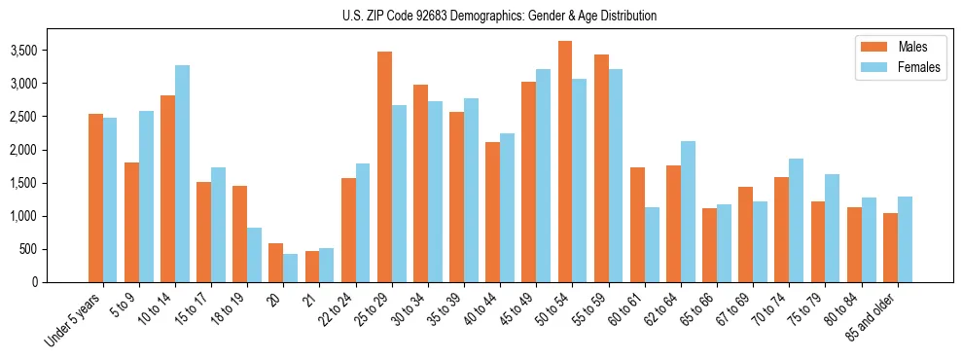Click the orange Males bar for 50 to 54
click(565, 162)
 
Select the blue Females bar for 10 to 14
click(182, 173)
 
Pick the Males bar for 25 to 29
click(384, 166)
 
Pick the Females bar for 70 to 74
click(796, 220)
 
